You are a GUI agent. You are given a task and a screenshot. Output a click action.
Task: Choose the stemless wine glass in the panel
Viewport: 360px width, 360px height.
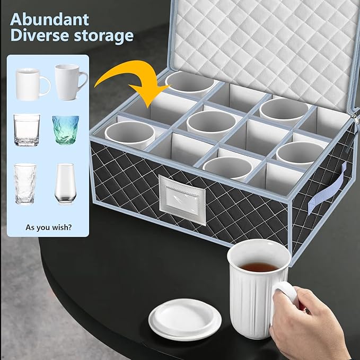(x=65, y=183)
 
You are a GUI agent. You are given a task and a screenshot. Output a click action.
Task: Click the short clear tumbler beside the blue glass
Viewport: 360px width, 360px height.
(x=27, y=130)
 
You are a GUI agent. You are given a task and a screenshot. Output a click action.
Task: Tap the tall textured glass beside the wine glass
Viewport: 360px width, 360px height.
(x=25, y=183)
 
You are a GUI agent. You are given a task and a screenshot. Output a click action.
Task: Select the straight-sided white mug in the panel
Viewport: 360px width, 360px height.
(x=30, y=84)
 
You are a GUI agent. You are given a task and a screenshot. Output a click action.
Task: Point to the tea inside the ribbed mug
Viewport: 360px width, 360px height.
(x=259, y=267)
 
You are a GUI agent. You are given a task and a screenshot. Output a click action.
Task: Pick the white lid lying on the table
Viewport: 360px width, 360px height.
(x=185, y=318)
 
